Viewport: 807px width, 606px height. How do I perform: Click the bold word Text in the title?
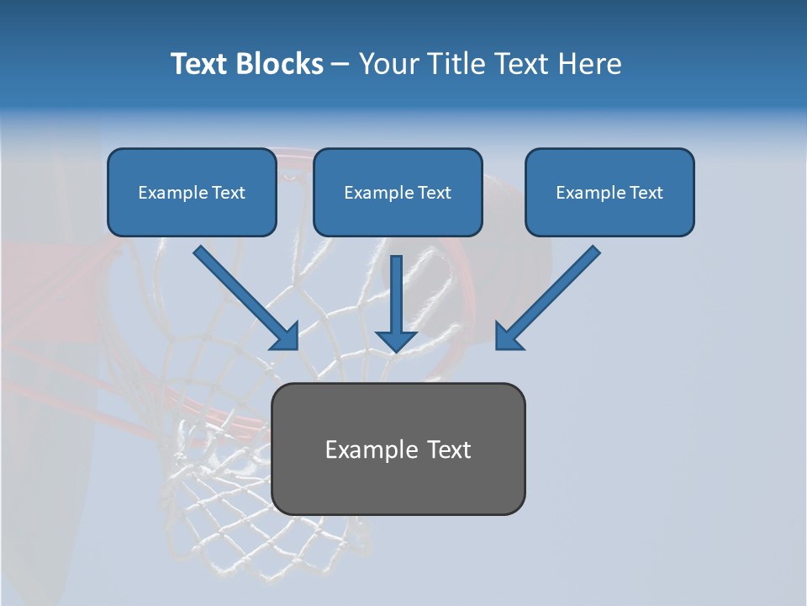[x=199, y=64]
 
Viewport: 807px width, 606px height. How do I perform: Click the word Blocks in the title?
[x=278, y=64]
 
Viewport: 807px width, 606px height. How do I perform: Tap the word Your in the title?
[x=389, y=64]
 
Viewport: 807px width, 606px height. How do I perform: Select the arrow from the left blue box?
[x=244, y=296]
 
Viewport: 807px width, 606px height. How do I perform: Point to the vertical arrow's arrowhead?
[x=396, y=341]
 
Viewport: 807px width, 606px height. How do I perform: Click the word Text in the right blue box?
[x=646, y=193]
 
